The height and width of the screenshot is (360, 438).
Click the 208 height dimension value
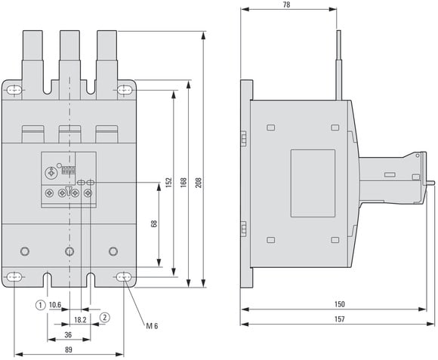click(199, 183)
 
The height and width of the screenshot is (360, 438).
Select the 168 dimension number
click(184, 183)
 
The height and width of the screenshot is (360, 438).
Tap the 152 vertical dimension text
click(168, 183)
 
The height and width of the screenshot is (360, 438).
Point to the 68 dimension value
click(154, 224)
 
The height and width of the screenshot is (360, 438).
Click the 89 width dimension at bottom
click(69, 349)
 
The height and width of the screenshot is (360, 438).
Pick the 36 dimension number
click(68, 334)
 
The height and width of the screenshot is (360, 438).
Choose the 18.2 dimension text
click(80, 320)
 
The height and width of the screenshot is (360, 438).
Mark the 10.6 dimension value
click(55, 305)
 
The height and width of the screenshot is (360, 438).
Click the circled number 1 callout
click(41, 305)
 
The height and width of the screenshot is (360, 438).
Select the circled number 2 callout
click(105, 318)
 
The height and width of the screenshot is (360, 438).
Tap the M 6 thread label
click(152, 326)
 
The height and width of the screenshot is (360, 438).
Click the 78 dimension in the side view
click(287, 5)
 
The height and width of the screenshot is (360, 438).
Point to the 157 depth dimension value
click(340, 319)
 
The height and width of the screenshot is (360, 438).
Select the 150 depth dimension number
click(340, 304)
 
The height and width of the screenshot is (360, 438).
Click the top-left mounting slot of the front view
click(14, 90)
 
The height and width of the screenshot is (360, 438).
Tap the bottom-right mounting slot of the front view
click(124, 277)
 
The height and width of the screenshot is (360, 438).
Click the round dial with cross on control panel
click(51, 174)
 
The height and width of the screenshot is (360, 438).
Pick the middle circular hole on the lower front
click(69, 251)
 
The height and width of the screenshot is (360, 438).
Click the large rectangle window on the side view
click(313, 183)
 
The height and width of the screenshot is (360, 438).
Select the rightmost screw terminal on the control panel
click(88, 193)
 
